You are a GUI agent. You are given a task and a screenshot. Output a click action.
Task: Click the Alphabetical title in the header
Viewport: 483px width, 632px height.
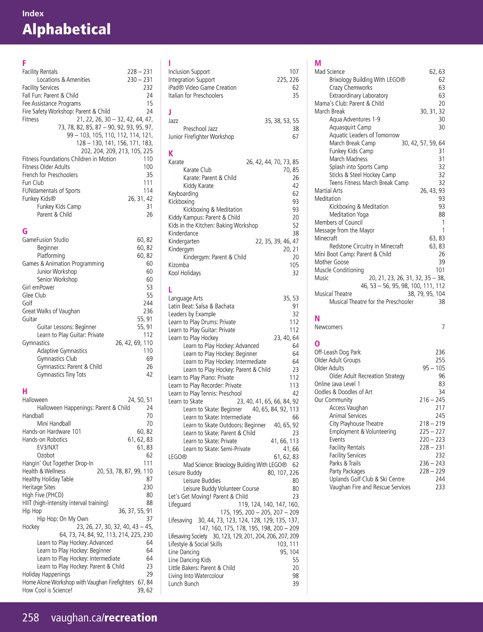coord(66,29)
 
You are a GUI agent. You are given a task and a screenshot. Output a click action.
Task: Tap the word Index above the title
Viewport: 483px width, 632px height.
coord(33,13)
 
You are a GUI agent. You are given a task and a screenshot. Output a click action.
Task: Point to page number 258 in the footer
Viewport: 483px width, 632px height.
coord(31,617)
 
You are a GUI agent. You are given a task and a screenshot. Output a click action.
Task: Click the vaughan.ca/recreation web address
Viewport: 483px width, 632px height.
coord(104,617)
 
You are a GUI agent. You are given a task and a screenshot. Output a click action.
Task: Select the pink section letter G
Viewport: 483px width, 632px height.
coord(25,231)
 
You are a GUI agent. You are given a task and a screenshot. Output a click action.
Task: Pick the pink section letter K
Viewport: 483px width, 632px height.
coord(171,153)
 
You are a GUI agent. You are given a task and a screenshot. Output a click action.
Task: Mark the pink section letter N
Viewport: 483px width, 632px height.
coord(317,319)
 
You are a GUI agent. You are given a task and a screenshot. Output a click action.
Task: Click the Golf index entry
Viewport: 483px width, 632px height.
coord(27,303)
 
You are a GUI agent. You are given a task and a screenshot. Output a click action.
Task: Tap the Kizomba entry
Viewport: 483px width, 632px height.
coord(179,265)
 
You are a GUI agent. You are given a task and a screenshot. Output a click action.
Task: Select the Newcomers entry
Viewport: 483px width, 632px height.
coord(328,327)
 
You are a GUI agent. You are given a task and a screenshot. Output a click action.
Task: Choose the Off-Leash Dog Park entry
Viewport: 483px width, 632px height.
coord(337,352)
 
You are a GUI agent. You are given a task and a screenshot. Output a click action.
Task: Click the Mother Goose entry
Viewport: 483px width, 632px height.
coord(332,262)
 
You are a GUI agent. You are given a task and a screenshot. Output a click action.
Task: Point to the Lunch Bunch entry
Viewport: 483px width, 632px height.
coord(184,584)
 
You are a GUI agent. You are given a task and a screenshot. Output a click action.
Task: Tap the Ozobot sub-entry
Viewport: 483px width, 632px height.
coord(46,455)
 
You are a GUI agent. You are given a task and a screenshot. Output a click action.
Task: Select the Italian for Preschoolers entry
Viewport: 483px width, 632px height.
coord(196,95)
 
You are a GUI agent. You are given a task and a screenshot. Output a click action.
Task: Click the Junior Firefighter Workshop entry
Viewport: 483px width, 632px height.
coord(201,137)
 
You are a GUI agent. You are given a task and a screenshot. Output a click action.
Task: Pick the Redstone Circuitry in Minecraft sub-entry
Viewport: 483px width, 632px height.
coord(366,246)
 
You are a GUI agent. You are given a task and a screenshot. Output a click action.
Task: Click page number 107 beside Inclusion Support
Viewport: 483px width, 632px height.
coord(294,72)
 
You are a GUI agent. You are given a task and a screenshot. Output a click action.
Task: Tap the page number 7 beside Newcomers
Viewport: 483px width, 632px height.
coord(443,327)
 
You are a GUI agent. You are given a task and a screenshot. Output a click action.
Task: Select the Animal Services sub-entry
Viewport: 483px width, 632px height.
coord(348,416)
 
